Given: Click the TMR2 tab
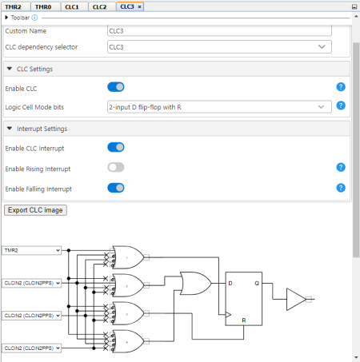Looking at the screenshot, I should click(x=13, y=6).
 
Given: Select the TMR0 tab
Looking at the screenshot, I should click(x=42, y=6).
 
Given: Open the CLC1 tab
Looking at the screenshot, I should click(x=72, y=6).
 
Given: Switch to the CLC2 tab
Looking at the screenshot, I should click(x=99, y=6).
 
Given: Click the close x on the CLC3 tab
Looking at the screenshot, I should click(x=141, y=6).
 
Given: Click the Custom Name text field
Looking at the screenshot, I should click(x=218, y=30).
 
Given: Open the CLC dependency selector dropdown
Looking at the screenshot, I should click(x=218, y=47).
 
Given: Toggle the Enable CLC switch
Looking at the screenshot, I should click(x=116, y=87).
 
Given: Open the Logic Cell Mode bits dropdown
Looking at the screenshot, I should click(x=218, y=105).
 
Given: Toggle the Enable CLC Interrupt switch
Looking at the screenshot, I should click(x=116, y=147).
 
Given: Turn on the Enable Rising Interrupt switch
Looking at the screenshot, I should click(x=116, y=168).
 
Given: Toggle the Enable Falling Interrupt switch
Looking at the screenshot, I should click(x=116, y=189).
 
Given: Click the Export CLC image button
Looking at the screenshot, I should click(x=36, y=210).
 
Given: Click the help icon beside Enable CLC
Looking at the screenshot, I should click(x=341, y=87).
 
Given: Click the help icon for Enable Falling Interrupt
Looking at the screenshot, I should click(x=341, y=189).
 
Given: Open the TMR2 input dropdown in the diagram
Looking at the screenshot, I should click(x=31, y=250).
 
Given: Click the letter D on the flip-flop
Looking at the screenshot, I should click(x=231, y=284).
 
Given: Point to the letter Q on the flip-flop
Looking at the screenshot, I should click(x=256, y=284).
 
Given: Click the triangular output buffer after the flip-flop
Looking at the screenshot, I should click(x=295, y=300).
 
